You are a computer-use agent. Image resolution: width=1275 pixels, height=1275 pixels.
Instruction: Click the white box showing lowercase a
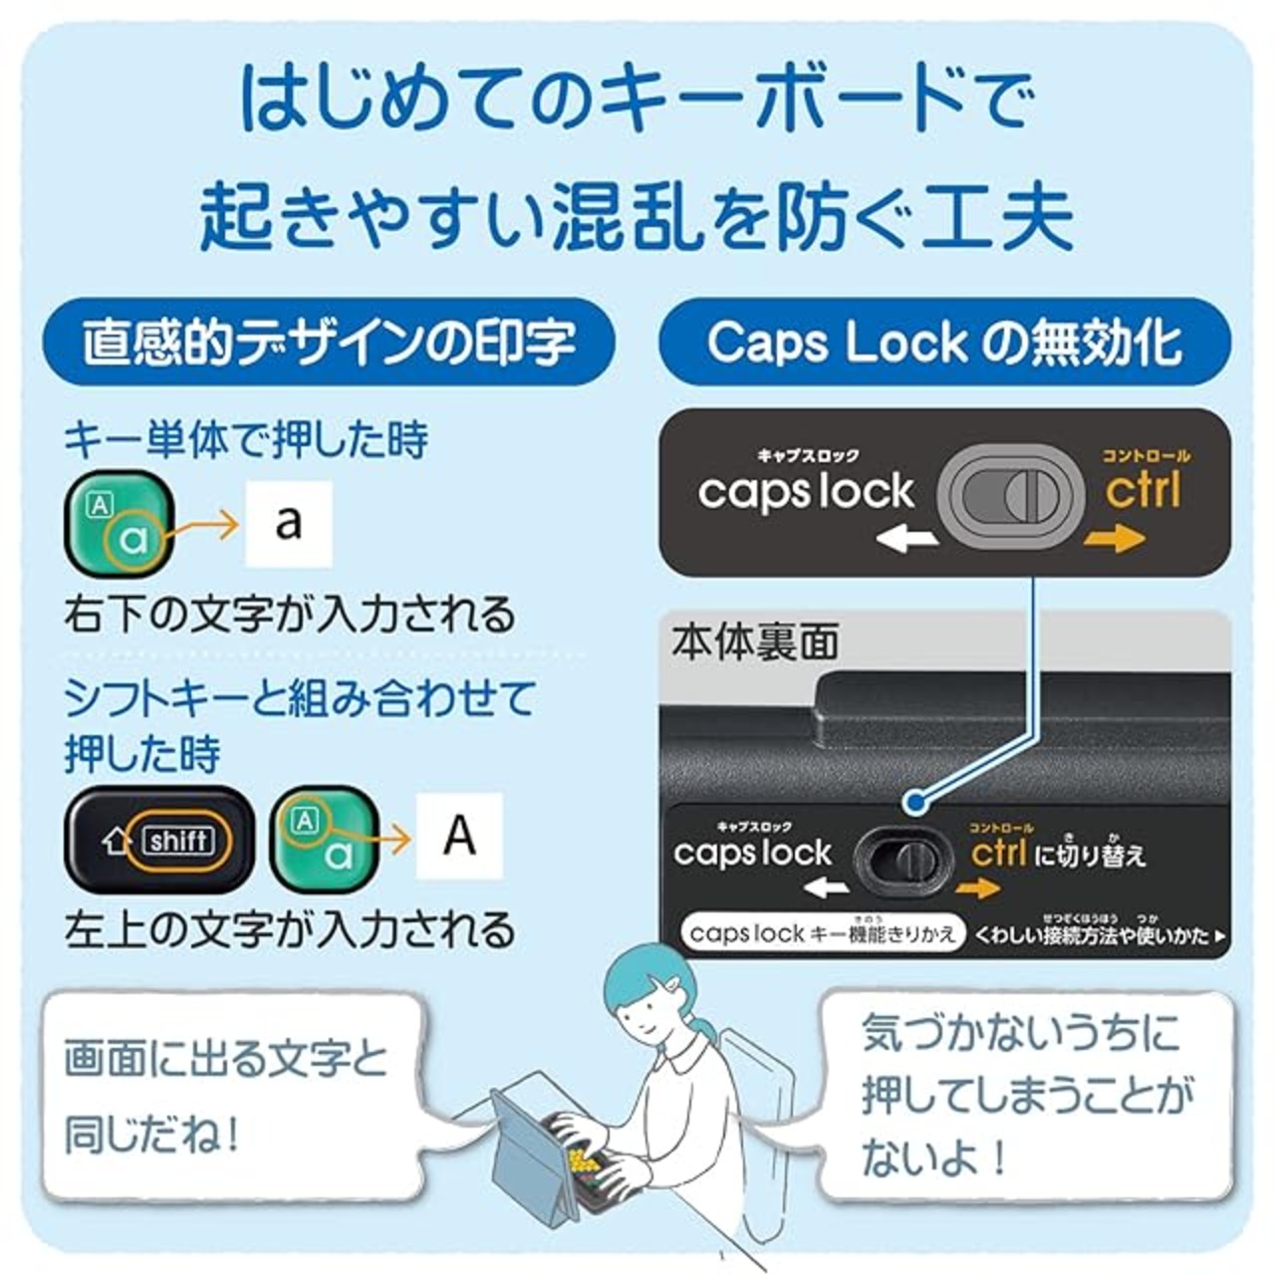pos(289,523)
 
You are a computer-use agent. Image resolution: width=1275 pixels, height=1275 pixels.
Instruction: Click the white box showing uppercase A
pos(459,836)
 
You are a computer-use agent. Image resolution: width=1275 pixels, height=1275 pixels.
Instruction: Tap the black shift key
pos(159,840)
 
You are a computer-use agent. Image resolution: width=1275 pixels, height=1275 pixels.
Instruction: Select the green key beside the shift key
pos(325,840)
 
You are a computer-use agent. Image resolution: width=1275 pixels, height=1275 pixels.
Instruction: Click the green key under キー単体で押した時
pos(119,523)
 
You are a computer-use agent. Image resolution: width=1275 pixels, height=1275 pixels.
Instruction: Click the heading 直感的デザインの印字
pos(329,343)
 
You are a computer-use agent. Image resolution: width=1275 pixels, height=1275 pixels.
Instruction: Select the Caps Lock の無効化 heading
pos(944,343)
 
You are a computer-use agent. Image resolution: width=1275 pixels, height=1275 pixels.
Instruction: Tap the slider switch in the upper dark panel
pos(1011,494)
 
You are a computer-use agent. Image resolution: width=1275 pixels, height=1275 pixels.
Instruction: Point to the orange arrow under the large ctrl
pos(1115,539)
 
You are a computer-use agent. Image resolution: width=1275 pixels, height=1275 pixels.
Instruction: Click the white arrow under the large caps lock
pos(907,539)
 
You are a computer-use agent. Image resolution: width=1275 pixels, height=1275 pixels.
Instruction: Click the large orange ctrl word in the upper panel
pos(1143,490)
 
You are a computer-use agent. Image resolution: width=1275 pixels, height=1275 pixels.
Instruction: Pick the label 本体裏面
pos(754,643)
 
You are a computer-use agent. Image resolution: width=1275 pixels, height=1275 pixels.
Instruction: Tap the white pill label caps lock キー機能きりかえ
pos(823,933)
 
